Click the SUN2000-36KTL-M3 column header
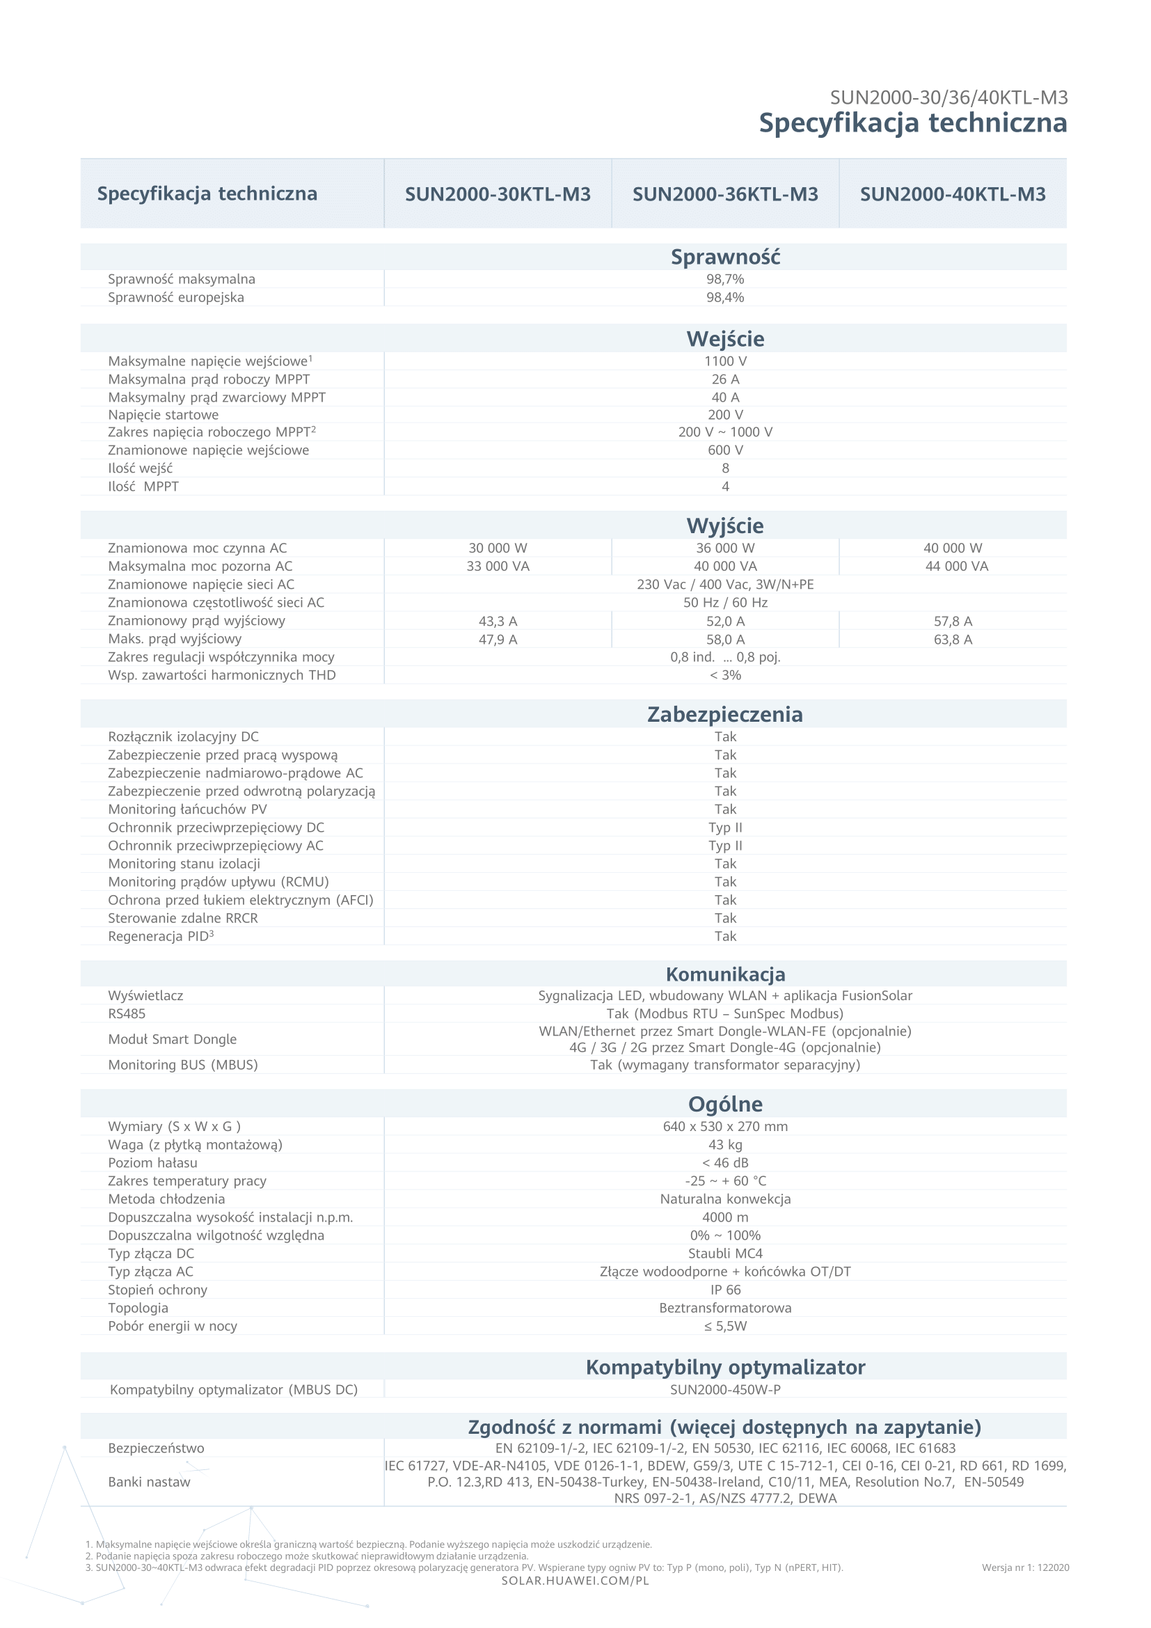[x=725, y=193]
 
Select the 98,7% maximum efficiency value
[x=725, y=279]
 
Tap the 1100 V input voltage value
[x=725, y=361]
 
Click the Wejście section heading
[x=725, y=339]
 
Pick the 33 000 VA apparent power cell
[x=498, y=566]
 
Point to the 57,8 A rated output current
[x=953, y=621]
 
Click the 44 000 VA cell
[x=956, y=566]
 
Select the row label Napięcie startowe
[x=163, y=415]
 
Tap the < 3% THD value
[x=725, y=675]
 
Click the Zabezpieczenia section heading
[x=725, y=714]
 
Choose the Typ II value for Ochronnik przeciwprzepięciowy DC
[x=725, y=828]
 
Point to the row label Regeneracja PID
[x=160, y=936]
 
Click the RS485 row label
[x=126, y=1013]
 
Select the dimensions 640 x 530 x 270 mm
[x=725, y=1126]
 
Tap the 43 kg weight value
[x=725, y=1144]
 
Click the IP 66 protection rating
[x=725, y=1290]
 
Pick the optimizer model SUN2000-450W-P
[x=725, y=1390]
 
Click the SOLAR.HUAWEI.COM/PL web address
[x=575, y=1581]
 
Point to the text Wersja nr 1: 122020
[x=1025, y=1567]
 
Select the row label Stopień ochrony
[x=157, y=1290]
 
